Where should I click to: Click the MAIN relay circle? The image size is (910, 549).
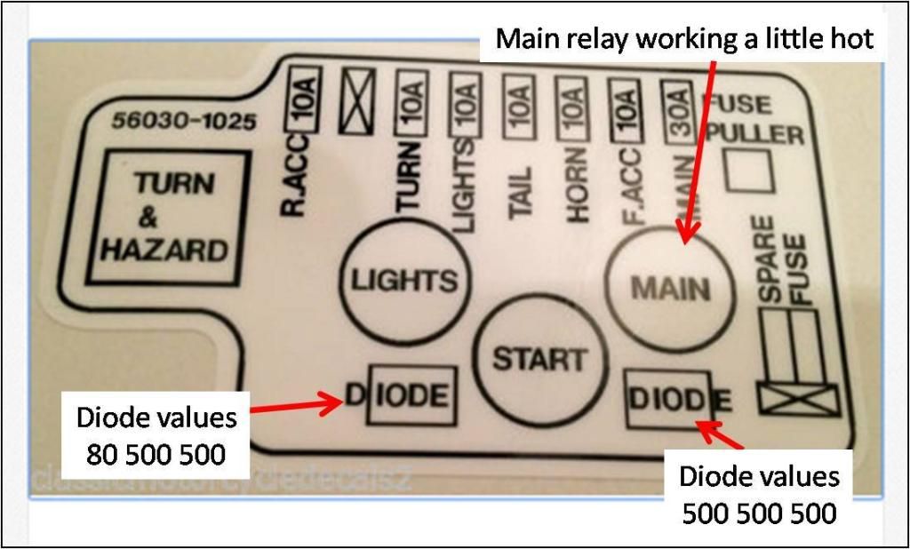pyautogui.click(x=670, y=289)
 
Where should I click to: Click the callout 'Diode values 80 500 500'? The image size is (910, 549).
pyautogui.click(x=156, y=435)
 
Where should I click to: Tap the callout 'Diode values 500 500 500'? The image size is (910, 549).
pyautogui.click(x=759, y=494)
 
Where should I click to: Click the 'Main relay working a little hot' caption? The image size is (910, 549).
pyautogui.click(x=684, y=39)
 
